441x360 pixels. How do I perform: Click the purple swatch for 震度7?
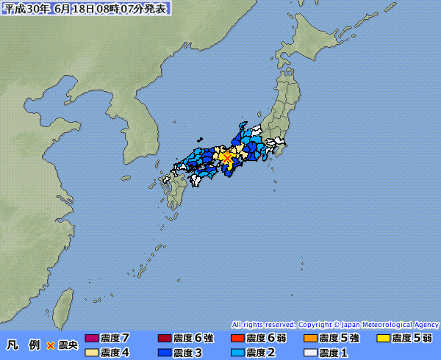92,339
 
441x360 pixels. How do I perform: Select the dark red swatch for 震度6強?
165,339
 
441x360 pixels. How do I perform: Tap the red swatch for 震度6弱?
237,339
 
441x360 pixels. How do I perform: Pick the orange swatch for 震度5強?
310,339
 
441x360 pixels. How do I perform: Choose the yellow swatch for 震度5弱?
383,339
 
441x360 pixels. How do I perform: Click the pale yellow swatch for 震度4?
92,353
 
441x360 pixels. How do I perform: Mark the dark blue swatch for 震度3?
165,353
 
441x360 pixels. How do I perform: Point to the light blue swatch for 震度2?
237,353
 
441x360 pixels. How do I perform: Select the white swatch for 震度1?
310,353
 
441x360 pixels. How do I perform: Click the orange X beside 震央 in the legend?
51,345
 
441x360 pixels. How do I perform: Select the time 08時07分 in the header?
122,8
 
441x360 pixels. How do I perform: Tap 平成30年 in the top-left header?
26,8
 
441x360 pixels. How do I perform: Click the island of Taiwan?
65,304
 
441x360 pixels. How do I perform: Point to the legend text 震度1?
334,353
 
